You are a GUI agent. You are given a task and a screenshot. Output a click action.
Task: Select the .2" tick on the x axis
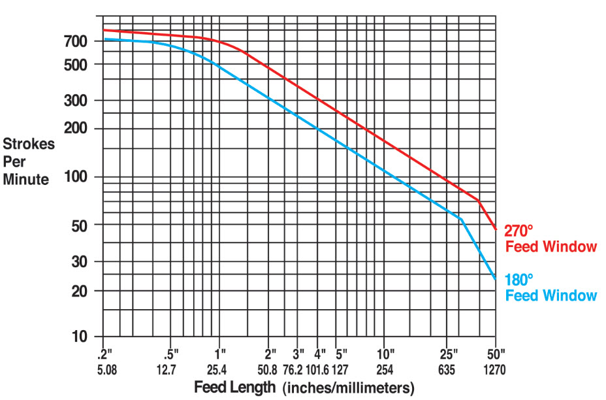(104, 355)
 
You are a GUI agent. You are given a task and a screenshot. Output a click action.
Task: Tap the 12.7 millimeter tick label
(167, 369)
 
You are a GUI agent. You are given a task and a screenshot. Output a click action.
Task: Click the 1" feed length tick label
(219, 355)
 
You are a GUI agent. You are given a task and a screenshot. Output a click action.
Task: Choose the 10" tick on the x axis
(385, 355)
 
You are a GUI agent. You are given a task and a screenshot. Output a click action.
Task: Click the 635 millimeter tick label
(447, 369)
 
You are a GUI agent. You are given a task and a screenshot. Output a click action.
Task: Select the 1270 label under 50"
(495, 369)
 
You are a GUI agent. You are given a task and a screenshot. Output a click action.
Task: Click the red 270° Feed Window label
(550, 239)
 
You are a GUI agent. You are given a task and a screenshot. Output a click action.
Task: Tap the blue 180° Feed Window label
(550, 288)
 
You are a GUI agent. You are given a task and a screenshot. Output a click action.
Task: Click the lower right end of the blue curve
(496, 279)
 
